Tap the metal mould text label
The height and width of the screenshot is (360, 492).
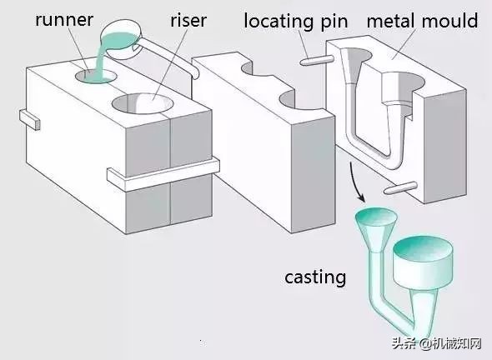point(423,20)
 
